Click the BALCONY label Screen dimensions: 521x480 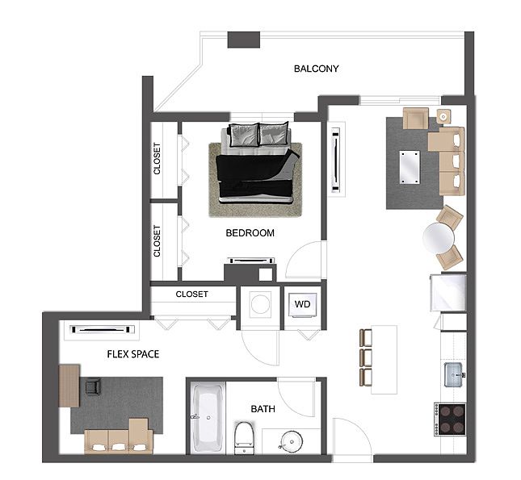317,69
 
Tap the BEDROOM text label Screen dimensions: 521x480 250,232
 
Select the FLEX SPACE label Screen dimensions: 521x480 133,354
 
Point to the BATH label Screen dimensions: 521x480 263,409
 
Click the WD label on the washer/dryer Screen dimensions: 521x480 302,304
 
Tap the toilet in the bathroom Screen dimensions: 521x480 244,438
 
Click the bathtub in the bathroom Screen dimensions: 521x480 208,418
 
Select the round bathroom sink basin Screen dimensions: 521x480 292,441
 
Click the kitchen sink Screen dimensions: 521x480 454,375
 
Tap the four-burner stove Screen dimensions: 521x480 450,419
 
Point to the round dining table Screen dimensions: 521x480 439,238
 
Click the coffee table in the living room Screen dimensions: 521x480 410,167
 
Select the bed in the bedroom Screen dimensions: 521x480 256,163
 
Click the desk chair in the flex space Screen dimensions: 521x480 93,386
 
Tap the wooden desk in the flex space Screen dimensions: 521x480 69,386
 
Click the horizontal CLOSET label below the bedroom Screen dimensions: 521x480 191,294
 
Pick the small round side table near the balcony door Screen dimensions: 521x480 443,116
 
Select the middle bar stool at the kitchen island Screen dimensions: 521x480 365,357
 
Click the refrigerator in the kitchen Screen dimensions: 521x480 448,293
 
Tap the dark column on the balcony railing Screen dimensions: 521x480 244,40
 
